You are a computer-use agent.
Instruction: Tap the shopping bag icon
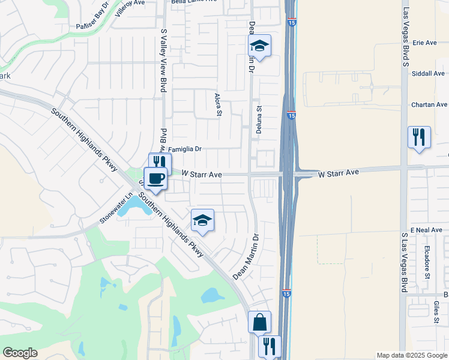(259, 322)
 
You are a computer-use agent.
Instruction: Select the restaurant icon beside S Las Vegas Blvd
(419, 137)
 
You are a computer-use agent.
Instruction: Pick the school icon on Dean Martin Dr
(260, 46)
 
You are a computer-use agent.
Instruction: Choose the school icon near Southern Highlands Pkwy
(202, 220)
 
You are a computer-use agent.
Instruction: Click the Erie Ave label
(425, 43)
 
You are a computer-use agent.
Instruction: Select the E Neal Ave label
(427, 230)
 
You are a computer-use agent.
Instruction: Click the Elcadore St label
(427, 262)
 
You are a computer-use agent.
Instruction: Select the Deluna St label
(260, 119)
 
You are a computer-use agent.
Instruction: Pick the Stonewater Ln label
(116, 208)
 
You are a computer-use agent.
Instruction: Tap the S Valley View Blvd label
(163, 60)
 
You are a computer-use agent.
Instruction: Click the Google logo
(20, 353)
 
